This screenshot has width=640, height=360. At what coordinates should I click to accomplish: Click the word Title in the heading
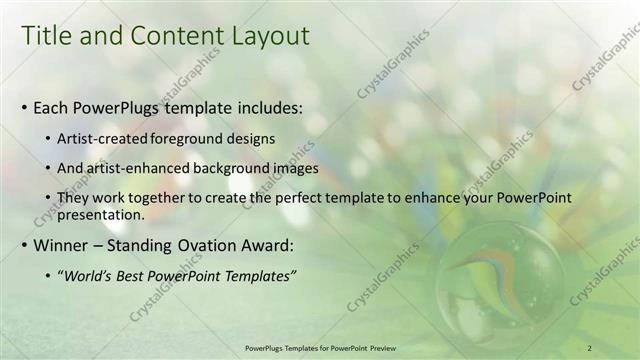coord(47,37)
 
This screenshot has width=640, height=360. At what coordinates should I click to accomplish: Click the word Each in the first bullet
coord(53,105)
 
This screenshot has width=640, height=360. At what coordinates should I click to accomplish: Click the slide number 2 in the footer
coord(590,347)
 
